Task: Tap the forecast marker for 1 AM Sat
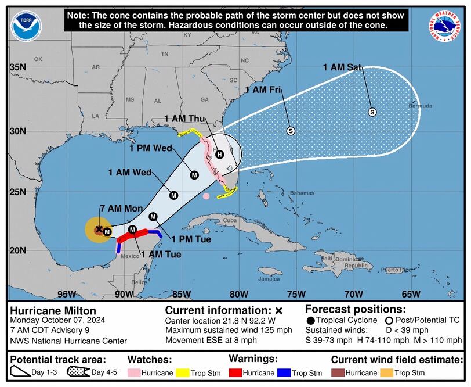click(x=372, y=112)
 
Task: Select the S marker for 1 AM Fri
click(x=291, y=131)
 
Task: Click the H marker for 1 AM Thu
click(x=219, y=154)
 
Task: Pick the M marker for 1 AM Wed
click(x=173, y=195)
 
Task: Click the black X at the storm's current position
click(x=99, y=230)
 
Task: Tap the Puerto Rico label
click(x=393, y=270)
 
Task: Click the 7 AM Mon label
click(x=119, y=209)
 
